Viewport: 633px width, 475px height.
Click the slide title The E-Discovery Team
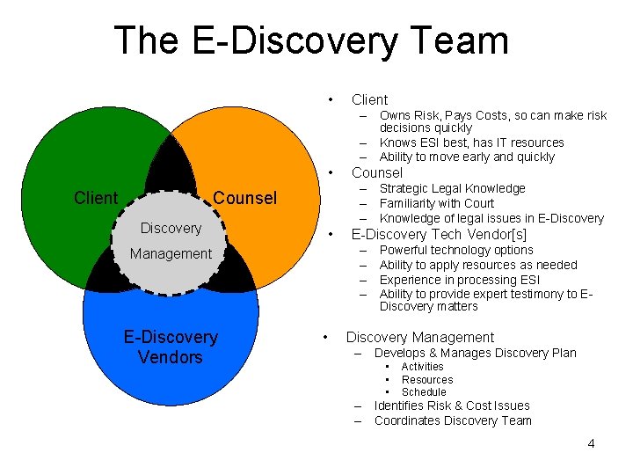tap(311, 41)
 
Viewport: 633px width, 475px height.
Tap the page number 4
tap(591, 443)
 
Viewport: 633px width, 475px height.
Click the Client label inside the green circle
tap(96, 198)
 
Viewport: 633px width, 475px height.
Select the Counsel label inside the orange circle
tap(245, 198)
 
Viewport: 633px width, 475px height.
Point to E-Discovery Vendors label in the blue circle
tap(171, 347)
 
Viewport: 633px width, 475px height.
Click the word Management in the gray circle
tap(171, 253)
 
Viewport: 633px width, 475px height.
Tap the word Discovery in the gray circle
tap(171, 228)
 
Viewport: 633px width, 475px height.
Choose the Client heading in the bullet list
tap(369, 99)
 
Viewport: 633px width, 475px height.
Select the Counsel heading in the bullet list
tap(376, 172)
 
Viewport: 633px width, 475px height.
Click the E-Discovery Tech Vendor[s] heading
tap(439, 234)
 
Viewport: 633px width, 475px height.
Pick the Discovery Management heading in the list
tap(419, 337)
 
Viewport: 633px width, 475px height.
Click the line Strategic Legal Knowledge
tap(452, 188)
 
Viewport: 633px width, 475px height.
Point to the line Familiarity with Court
tap(436, 203)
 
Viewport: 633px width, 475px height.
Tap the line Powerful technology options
tap(456, 250)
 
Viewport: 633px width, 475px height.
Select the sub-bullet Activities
tap(422, 367)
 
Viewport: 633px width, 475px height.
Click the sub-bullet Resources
tap(427, 380)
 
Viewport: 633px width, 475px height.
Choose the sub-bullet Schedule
tap(424, 392)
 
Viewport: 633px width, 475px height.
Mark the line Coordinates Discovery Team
tap(453, 420)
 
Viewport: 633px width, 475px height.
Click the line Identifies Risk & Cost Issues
tap(452, 406)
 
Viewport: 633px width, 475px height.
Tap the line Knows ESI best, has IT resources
tap(471, 142)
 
